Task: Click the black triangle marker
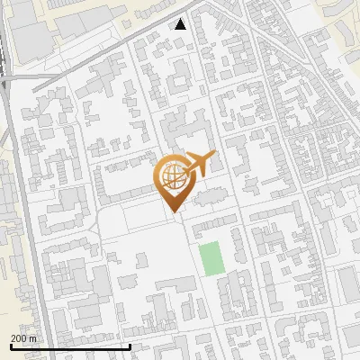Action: click(x=181, y=24)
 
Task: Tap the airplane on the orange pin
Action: click(x=198, y=165)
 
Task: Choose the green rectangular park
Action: click(x=211, y=259)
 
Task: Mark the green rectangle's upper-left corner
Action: click(x=201, y=244)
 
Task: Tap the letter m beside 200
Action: click(x=33, y=338)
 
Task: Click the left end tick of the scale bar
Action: click(x=10, y=346)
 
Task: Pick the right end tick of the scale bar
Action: click(x=130, y=346)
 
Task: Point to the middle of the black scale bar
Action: click(x=70, y=346)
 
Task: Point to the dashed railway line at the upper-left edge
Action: click(x=4, y=54)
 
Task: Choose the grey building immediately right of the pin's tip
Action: click(x=209, y=197)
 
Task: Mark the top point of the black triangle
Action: click(x=181, y=19)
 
